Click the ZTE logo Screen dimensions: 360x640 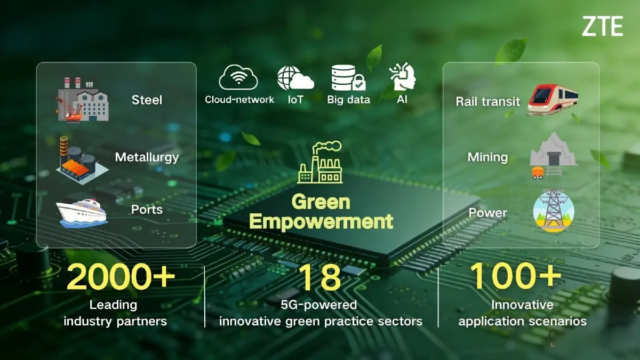(602, 26)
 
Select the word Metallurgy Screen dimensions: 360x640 (147, 157)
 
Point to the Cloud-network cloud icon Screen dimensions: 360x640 (238, 77)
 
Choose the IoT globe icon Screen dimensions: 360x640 (295, 78)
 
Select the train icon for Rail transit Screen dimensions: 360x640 (552, 100)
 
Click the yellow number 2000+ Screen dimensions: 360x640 (121, 277)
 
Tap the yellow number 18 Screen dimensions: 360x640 (319, 277)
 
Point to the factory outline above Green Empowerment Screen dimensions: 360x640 (320, 163)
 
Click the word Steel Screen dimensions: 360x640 (147, 100)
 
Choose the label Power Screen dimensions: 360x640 (487, 213)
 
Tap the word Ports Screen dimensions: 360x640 (147, 209)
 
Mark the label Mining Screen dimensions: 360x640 (487, 157)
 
